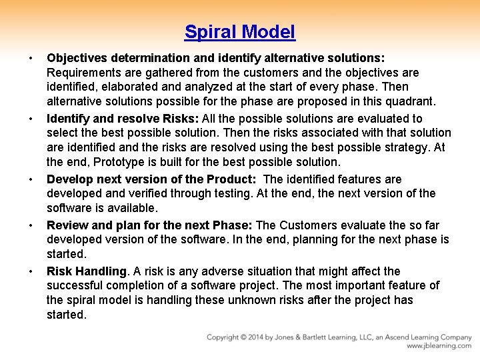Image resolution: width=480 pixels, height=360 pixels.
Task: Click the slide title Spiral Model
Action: [240, 31]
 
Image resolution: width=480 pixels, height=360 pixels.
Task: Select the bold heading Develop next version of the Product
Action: [152, 179]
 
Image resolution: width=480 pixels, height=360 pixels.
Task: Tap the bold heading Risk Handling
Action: [87, 271]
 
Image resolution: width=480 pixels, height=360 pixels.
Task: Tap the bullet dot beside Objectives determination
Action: [31, 57]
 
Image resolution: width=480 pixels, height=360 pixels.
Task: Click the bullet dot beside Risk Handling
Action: [31, 271]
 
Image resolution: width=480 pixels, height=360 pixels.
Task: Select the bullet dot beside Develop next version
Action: [31, 179]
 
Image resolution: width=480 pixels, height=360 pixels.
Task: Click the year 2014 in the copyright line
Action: [263, 337]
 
